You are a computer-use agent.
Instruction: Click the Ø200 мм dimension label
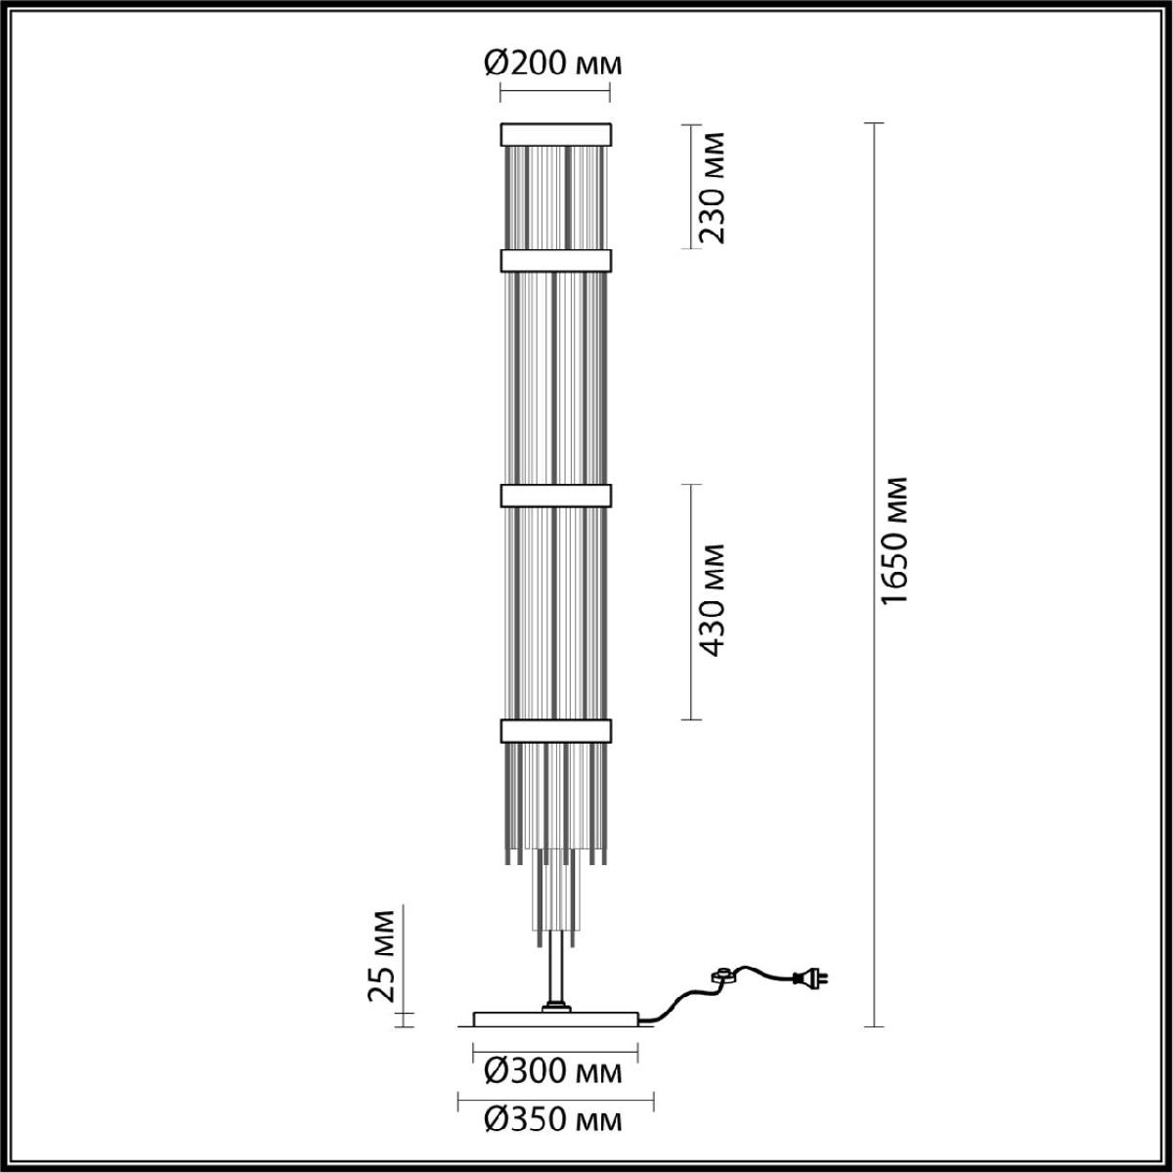[553, 64]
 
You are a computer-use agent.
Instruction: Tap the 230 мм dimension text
[711, 188]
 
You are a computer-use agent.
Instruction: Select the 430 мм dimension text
[711, 600]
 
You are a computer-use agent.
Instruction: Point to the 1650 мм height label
[894, 541]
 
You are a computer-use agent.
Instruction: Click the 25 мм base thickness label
[381, 964]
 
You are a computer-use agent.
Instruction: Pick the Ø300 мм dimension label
[553, 1072]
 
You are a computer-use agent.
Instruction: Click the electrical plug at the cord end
[809, 978]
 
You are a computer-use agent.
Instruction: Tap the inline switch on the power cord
[725, 976]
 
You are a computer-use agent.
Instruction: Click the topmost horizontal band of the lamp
[556, 135]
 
